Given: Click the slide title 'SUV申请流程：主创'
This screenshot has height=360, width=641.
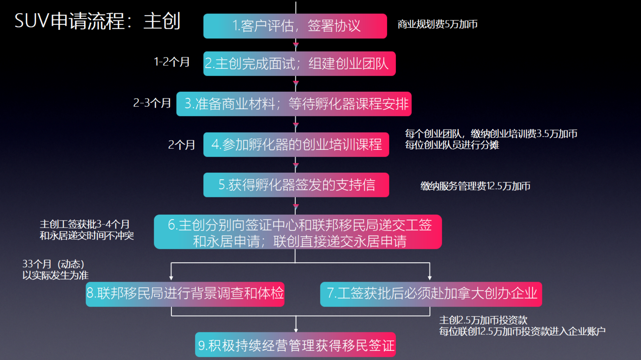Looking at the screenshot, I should (97, 21).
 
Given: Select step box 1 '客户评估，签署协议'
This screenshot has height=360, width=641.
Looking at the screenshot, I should (295, 26).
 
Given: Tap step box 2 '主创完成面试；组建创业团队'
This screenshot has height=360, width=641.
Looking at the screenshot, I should (299, 64).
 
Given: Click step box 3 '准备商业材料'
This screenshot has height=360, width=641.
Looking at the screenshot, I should (294, 104).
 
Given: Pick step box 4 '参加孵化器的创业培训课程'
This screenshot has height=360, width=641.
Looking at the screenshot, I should (296, 145).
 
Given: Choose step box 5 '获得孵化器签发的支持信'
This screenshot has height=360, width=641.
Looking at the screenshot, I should (296, 185).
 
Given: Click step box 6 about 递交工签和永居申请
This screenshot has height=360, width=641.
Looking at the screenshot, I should (298, 232).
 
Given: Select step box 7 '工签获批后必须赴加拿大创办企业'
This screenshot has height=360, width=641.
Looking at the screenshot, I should (431, 294).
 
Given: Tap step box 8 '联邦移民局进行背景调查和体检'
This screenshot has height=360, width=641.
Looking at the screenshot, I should (185, 294).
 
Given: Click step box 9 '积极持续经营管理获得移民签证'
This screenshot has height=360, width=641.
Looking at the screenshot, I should (295, 345).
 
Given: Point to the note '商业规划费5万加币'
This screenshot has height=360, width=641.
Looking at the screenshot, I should (437, 24).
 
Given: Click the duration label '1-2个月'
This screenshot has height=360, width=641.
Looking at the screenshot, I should (171, 62).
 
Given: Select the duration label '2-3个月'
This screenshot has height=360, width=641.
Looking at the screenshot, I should (152, 103).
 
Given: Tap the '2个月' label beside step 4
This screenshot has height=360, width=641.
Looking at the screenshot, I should (181, 145).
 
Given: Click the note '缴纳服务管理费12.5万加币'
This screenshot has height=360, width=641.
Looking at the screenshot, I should (475, 186).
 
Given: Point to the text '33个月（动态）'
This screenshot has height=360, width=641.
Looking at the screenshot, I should (53, 264).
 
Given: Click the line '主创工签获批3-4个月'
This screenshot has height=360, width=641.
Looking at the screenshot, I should (84, 224).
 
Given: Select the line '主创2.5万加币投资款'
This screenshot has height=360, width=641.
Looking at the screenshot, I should (483, 320).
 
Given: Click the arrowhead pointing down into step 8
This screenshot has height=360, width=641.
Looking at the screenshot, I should (171, 278).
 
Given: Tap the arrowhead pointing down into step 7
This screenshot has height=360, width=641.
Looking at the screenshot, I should (430, 278).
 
